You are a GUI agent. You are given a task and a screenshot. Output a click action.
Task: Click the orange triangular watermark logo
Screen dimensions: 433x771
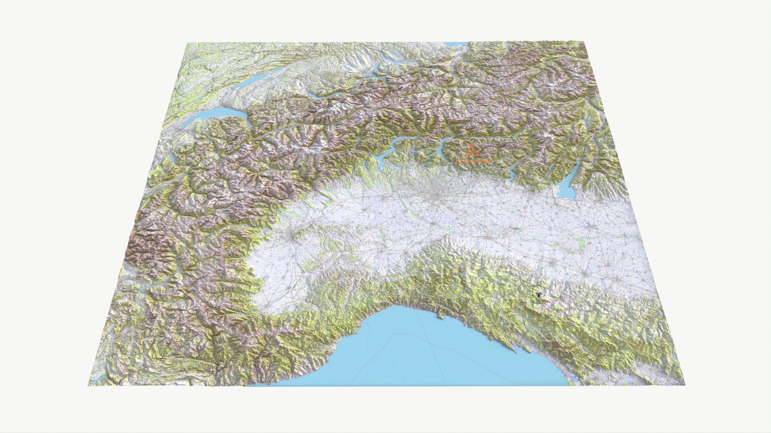473,150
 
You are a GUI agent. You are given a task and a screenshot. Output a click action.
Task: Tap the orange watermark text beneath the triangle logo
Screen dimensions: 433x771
473,161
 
